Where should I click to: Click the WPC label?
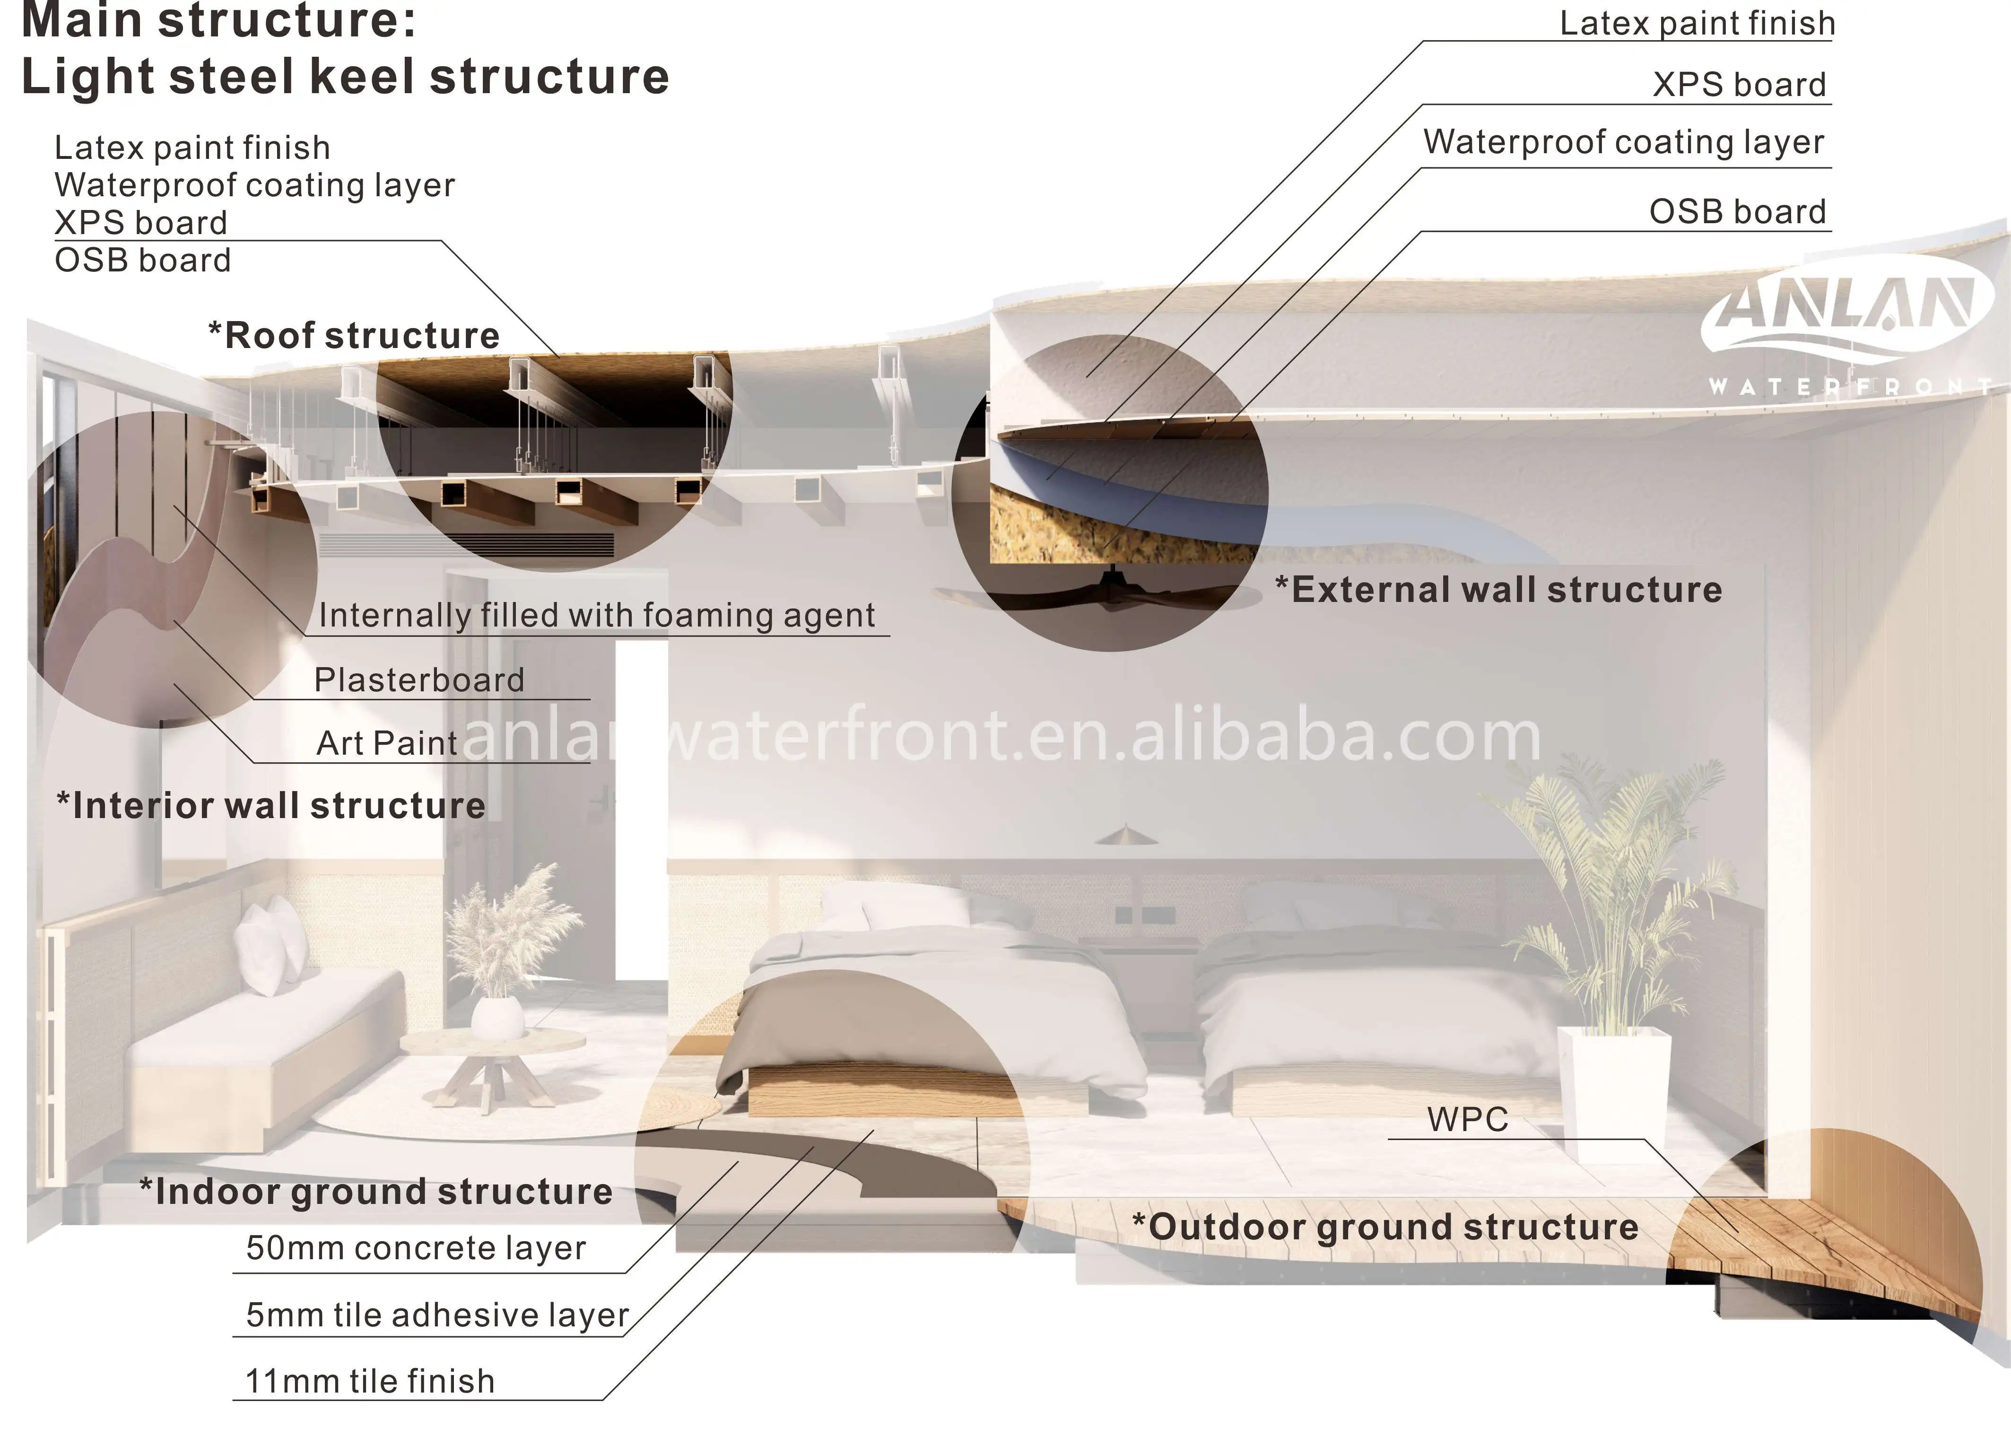click(1467, 1120)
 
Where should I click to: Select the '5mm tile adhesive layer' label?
click(437, 1315)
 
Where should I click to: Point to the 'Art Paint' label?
click(387, 743)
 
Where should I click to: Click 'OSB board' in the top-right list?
click(1737, 212)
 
